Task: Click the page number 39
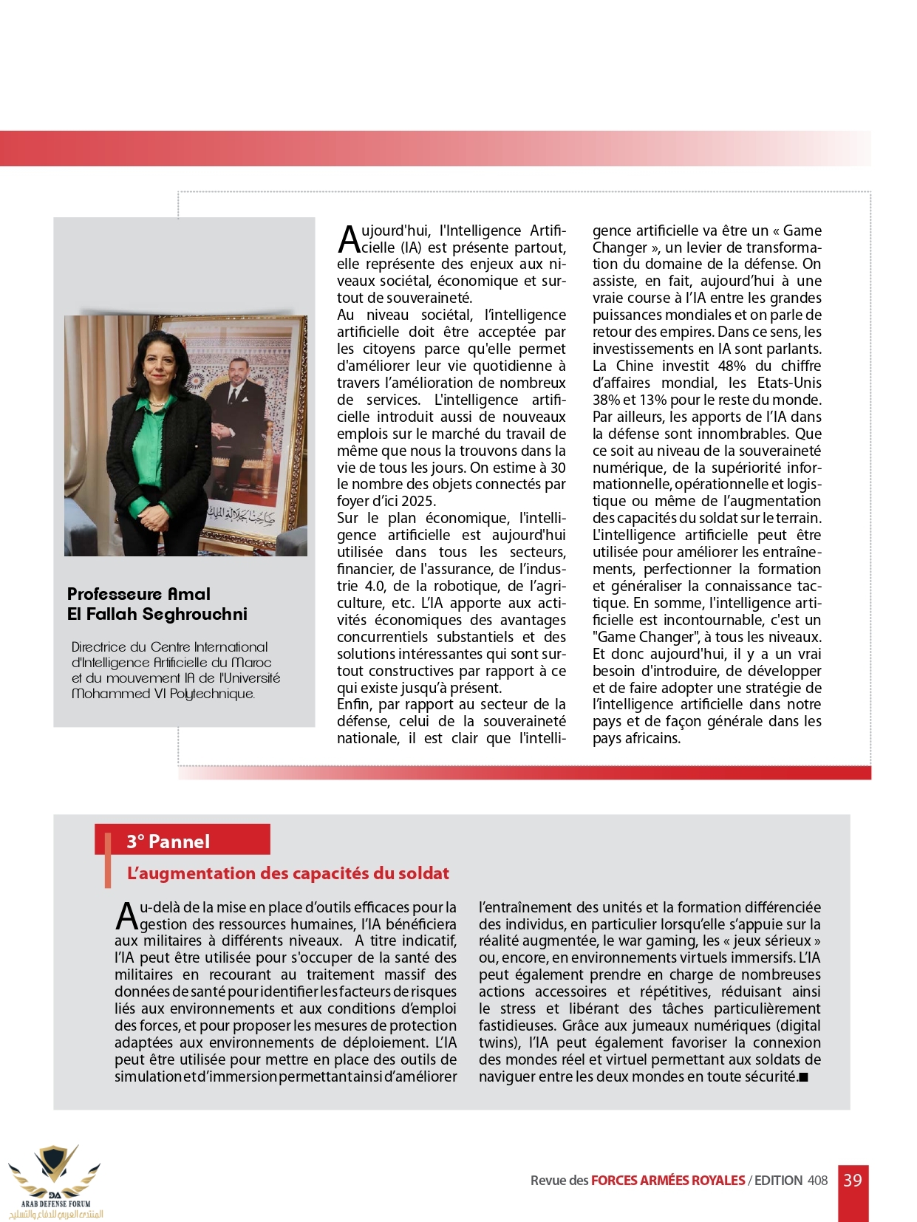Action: point(852,1180)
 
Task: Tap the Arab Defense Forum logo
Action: point(54,1180)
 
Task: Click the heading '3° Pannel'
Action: point(168,842)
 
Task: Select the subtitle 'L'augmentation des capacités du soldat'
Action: point(287,873)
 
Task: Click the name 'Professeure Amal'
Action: point(139,594)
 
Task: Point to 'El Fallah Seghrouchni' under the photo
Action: point(157,614)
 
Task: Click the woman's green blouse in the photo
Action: point(154,429)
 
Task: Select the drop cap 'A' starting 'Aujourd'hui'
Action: point(348,239)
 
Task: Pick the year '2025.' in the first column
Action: point(415,501)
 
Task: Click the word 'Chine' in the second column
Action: point(633,366)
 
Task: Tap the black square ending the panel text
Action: point(804,1077)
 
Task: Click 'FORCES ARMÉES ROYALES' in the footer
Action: point(667,1181)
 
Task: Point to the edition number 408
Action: point(817,1181)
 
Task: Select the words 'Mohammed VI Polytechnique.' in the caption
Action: point(163,694)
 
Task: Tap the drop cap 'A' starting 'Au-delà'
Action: point(126,916)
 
